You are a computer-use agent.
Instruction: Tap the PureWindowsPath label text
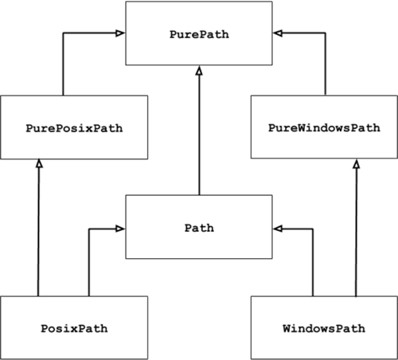click(323, 127)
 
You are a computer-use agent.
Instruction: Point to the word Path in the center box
click(199, 228)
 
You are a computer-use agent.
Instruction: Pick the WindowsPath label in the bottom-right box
click(323, 328)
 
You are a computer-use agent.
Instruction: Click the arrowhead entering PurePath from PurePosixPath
click(120, 33)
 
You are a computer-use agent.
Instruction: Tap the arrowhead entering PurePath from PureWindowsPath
click(278, 33)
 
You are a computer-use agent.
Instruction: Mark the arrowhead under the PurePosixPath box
click(37, 163)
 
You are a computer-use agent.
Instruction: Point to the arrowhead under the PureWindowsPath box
click(357, 163)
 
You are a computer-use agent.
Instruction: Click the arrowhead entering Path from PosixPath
click(120, 229)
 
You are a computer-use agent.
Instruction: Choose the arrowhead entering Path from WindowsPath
click(278, 229)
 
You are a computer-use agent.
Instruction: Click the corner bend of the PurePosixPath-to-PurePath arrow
click(63, 33)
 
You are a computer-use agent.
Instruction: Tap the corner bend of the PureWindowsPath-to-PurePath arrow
click(326, 33)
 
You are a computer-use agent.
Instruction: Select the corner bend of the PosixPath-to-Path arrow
click(88, 229)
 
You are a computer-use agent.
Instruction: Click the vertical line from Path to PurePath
click(199, 135)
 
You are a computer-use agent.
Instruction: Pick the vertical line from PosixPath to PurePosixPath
click(37, 231)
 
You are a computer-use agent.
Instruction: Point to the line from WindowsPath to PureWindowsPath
click(357, 231)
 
